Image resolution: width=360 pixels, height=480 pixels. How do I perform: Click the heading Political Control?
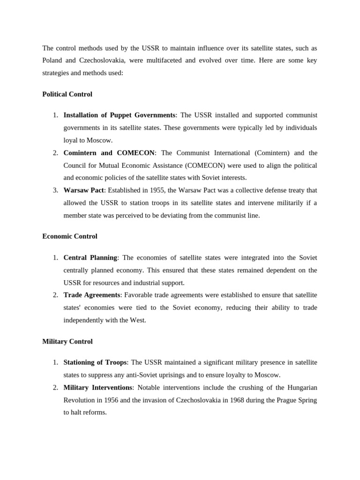pos(67,94)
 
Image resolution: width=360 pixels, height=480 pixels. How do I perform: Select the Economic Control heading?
pos(70,236)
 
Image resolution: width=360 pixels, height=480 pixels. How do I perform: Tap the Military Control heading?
pos(67,341)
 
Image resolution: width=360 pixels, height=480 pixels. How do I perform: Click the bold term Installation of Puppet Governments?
pos(119,115)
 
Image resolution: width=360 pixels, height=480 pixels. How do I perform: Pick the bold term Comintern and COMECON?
pos(109,153)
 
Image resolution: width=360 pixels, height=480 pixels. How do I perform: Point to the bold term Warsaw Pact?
pos(83,190)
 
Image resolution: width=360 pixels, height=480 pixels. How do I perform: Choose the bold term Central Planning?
pos(90,257)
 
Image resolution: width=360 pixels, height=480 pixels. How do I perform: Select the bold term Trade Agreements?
pos(92,295)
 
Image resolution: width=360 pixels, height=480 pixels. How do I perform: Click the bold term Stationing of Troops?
pos(95,362)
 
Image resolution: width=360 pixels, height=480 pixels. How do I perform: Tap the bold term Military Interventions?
pos(98,387)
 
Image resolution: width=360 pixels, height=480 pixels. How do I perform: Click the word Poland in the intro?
pos(52,60)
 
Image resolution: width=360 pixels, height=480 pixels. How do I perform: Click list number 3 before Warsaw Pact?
pos(55,190)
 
